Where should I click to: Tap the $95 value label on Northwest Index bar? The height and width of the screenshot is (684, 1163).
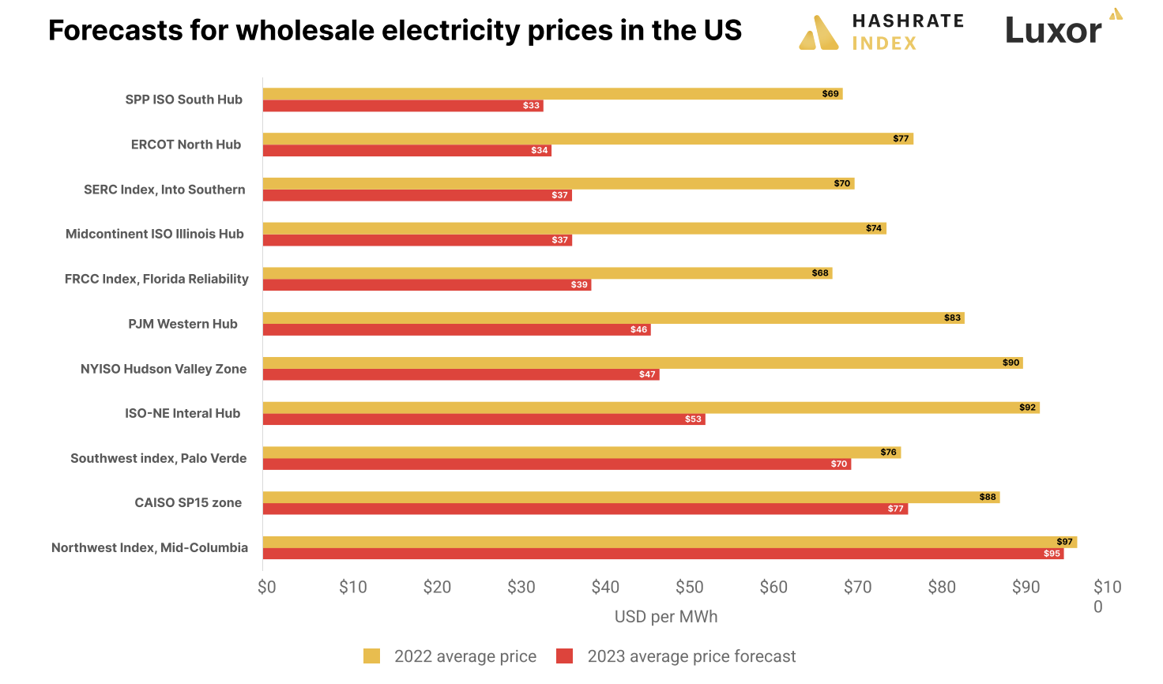(1052, 554)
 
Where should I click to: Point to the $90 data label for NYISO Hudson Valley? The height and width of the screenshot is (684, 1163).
(1011, 363)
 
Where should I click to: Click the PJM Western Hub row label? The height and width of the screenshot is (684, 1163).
(183, 324)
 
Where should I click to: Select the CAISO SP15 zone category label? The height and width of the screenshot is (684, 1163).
(188, 503)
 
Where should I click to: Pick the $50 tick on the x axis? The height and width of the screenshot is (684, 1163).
(689, 587)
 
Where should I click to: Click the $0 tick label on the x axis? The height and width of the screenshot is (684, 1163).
(267, 587)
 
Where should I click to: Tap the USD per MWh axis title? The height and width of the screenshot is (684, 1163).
(666, 617)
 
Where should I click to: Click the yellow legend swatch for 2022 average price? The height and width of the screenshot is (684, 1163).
(371, 656)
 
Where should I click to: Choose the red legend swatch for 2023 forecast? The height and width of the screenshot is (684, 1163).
(564, 656)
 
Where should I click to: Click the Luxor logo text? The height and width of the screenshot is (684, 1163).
(1053, 31)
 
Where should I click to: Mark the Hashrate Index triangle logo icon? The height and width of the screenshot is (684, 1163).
(819, 33)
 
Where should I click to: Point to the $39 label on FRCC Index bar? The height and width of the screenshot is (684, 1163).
(579, 285)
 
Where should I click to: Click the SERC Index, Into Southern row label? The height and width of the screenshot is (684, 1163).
(164, 190)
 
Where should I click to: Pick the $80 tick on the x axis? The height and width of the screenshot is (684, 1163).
(942, 587)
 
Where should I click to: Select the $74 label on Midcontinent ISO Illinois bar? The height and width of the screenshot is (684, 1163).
(873, 228)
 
